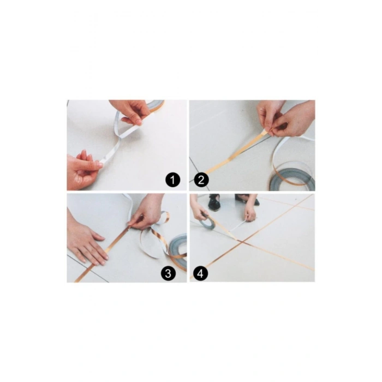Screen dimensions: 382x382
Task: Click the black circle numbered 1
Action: click(x=173, y=180)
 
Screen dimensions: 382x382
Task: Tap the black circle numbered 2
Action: click(x=201, y=180)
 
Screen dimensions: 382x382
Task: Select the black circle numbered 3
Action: click(x=168, y=273)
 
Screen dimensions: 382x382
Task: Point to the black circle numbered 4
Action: click(x=200, y=273)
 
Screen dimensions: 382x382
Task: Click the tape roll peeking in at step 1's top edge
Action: click(x=157, y=105)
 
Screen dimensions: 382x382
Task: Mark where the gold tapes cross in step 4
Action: click(x=242, y=241)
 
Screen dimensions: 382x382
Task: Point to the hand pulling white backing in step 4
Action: click(x=250, y=210)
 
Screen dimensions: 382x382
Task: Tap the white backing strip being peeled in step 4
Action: click(x=237, y=226)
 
